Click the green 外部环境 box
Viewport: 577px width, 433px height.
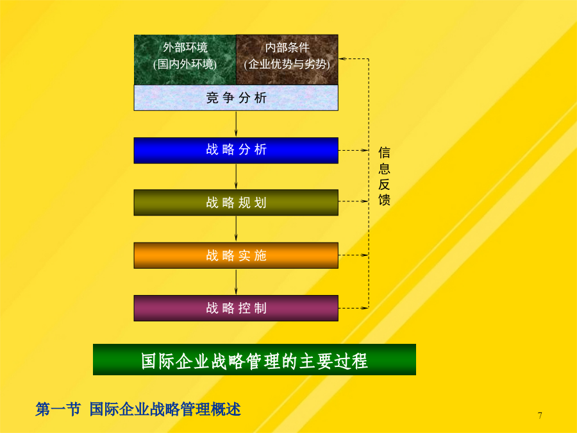185,60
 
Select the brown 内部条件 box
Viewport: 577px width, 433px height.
287,60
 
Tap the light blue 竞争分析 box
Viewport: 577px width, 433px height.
236,98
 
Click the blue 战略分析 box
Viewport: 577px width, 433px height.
236,150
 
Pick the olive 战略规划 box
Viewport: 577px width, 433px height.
236,203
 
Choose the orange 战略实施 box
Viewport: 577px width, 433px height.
236,255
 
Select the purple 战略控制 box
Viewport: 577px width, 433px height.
236,308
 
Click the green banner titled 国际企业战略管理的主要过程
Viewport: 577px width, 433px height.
255,360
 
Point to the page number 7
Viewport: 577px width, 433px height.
540,416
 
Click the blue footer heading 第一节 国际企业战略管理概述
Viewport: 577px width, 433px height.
138,409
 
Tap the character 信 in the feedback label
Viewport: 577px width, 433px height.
384,153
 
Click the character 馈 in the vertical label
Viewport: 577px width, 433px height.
384,200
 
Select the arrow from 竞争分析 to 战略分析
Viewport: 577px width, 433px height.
236,124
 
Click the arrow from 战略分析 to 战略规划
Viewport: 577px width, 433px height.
236,176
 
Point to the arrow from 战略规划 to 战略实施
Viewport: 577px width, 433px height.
236,228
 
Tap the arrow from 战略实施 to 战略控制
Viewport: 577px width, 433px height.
236,282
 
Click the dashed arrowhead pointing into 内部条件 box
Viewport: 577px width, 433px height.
342,58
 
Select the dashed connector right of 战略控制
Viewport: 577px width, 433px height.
353,308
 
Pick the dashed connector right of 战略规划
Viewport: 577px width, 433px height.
353,201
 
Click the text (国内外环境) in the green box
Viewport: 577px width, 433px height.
185,64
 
